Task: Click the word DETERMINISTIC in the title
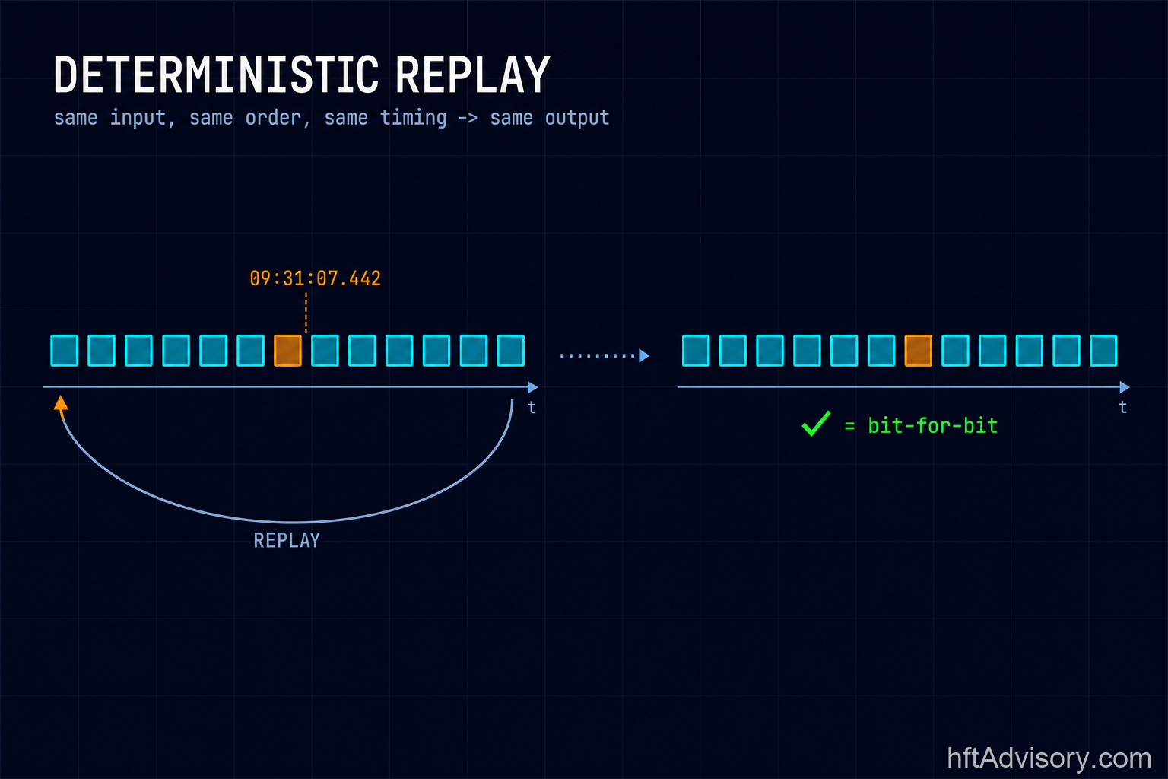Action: click(x=216, y=75)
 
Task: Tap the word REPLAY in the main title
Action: click(x=472, y=75)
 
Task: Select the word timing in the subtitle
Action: click(x=413, y=119)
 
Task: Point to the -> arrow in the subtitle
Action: click(x=468, y=119)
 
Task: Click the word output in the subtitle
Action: click(x=577, y=119)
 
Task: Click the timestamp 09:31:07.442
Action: click(x=315, y=278)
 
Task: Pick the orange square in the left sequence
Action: click(x=288, y=351)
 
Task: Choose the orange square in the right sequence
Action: click(x=919, y=351)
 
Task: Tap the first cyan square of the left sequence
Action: click(x=64, y=351)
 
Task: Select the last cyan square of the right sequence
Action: click(x=1103, y=351)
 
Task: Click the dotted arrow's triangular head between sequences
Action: click(x=644, y=356)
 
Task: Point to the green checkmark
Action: click(x=816, y=423)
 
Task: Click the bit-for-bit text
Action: click(x=933, y=426)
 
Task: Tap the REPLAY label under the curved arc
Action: click(x=287, y=541)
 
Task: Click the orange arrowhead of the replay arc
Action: click(x=61, y=403)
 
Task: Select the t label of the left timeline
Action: click(x=532, y=407)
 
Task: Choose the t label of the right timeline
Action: click(x=1122, y=407)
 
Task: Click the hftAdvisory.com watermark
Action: click(x=1049, y=758)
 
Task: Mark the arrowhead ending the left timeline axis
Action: click(x=533, y=387)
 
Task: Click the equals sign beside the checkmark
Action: click(x=849, y=426)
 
